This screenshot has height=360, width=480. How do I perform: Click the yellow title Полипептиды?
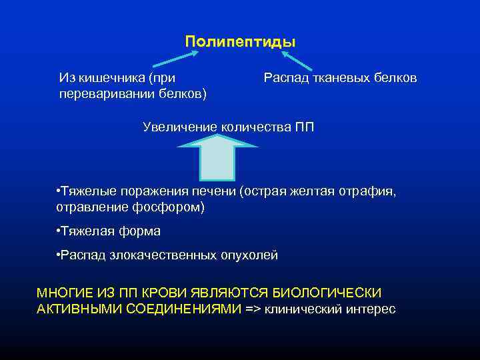(x=240, y=41)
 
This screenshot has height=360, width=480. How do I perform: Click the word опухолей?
(x=250, y=255)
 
